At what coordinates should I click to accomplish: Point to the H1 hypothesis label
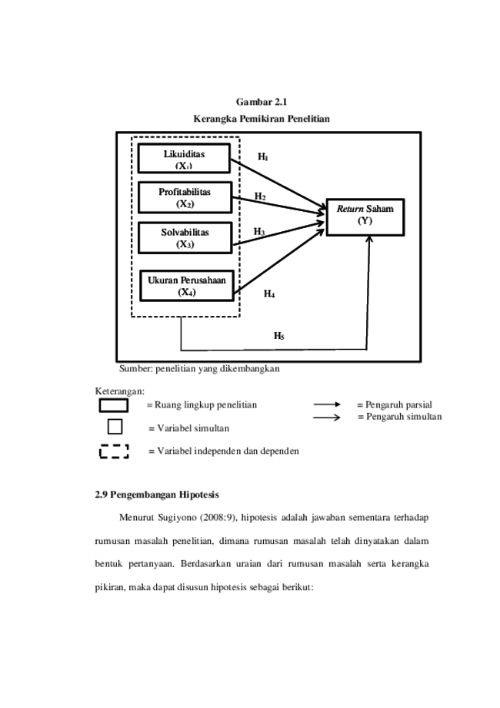pyautogui.click(x=263, y=157)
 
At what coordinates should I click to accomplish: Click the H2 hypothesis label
pyautogui.click(x=260, y=196)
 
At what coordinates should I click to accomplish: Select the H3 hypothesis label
pyautogui.click(x=259, y=232)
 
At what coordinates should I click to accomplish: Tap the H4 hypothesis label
pyautogui.click(x=269, y=294)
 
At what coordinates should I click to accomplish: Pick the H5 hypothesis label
pyautogui.click(x=279, y=335)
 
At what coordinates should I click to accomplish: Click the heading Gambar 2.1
pyautogui.click(x=262, y=102)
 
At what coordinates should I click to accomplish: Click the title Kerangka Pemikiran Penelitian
pyautogui.click(x=262, y=119)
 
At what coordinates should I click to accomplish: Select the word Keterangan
pyautogui.click(x=119, y=391)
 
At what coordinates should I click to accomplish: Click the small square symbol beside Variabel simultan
pyautogui.click(x=115, y=427)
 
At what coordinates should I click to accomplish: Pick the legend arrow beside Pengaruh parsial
pyautogui.click(x=327, y=404)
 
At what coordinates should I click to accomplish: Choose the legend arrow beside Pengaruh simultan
pyautogui.click(x=327, y=418)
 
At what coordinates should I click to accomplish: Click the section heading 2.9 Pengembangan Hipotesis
pyautogui.click(x=157, y=495)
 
